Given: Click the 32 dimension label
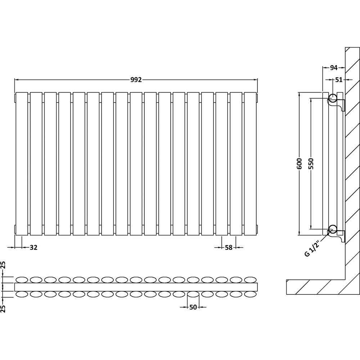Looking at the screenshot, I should (33, 247).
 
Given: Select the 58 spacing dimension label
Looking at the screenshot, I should (229, 247).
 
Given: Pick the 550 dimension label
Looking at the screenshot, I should (311, 164).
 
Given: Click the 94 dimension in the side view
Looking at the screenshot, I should (334, 68).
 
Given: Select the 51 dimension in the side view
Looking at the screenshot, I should (339, 80).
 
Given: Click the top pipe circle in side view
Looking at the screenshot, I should (333, 97).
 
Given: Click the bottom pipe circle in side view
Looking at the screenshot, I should (333, 229).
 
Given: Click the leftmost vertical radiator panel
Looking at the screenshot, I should (22, 164).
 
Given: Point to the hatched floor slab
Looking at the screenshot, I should (313, 287).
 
